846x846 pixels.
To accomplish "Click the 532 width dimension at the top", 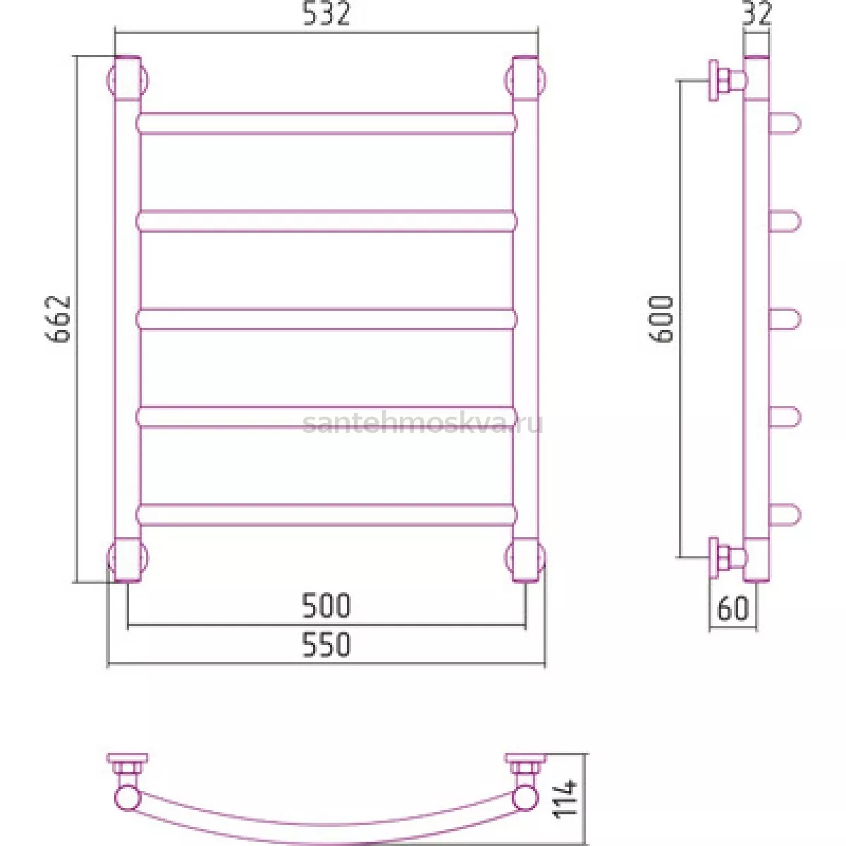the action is click(326, 14).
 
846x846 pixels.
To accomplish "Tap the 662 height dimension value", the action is click(58, 319).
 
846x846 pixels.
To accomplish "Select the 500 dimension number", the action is click(326, 606).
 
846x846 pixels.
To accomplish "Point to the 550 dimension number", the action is click(326, 644).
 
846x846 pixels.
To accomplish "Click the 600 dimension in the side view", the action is click(661, 319).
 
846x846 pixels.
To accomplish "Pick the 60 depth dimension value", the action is click(732, 608).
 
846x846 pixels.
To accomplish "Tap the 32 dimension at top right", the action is click(756, 14).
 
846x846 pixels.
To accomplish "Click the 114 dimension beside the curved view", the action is click(565, 804).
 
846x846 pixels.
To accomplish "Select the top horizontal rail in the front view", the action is click(326, 124).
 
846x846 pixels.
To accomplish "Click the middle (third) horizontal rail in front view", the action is click(326, 319).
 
